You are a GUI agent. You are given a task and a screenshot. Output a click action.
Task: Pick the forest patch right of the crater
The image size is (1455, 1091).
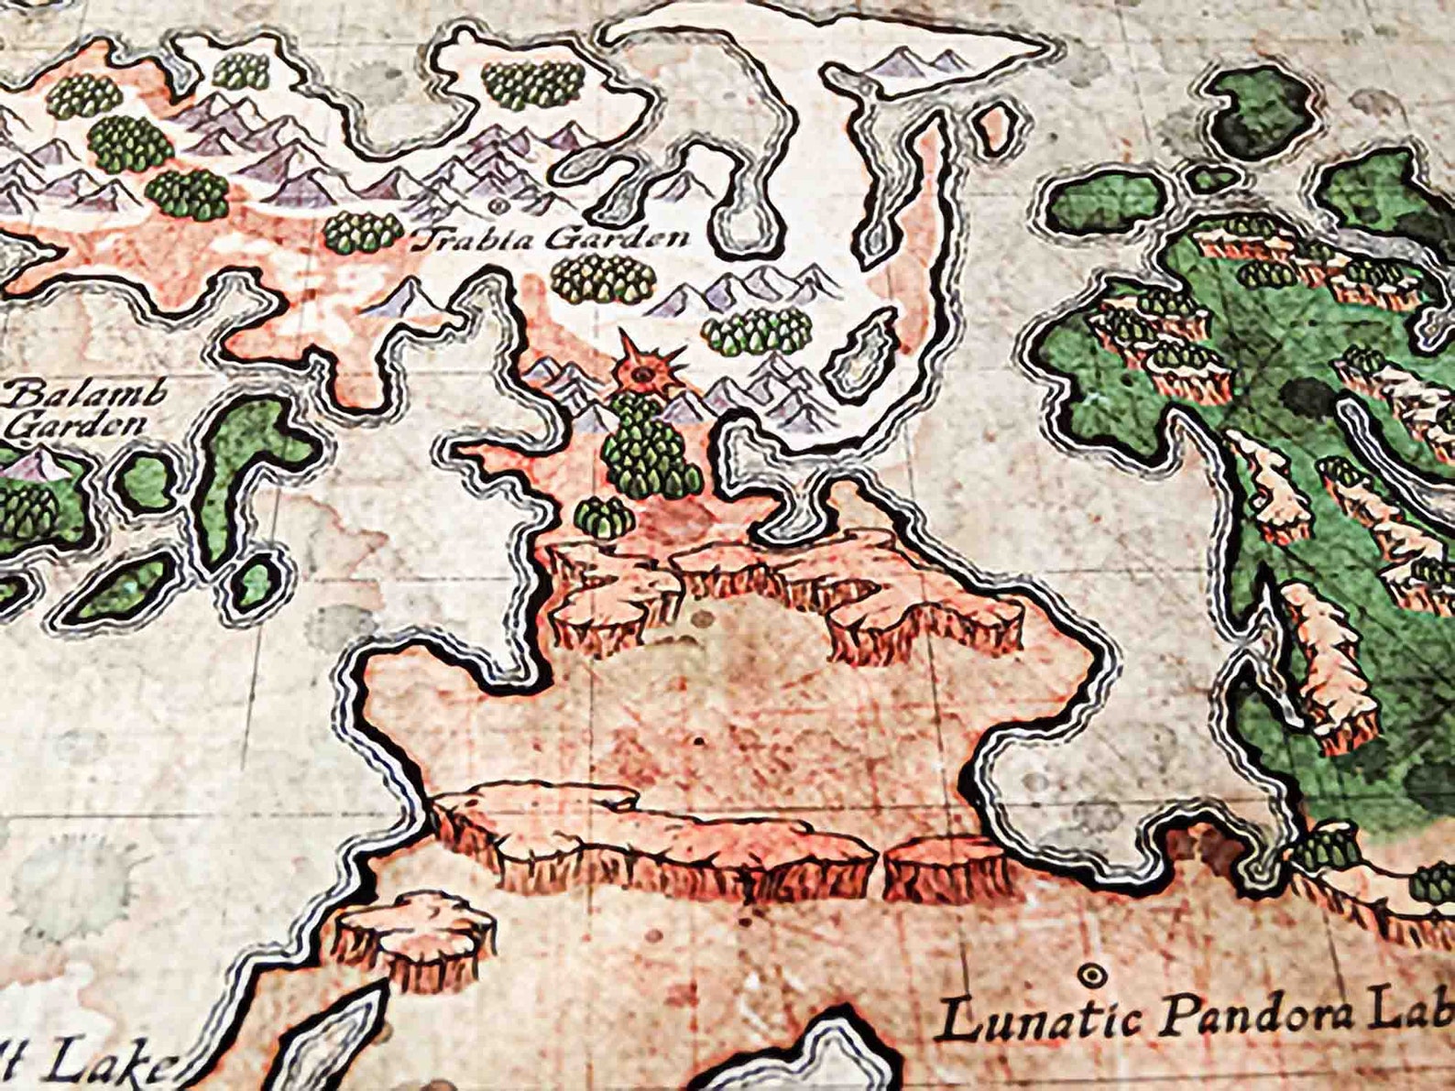point(757,331)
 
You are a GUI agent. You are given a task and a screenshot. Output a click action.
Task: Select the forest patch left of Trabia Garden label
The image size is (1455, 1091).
point(363,232)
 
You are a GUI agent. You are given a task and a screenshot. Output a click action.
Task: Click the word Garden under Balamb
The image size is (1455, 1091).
point(81,425)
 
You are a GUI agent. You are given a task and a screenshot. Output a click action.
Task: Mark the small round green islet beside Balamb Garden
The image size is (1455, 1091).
point(145,482)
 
